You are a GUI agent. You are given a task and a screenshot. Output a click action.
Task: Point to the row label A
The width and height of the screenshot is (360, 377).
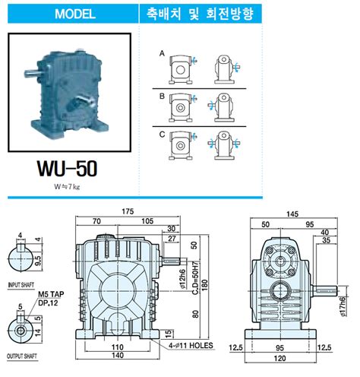(162, 55)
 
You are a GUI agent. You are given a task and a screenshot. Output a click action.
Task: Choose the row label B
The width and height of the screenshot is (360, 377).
(162, 97)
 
